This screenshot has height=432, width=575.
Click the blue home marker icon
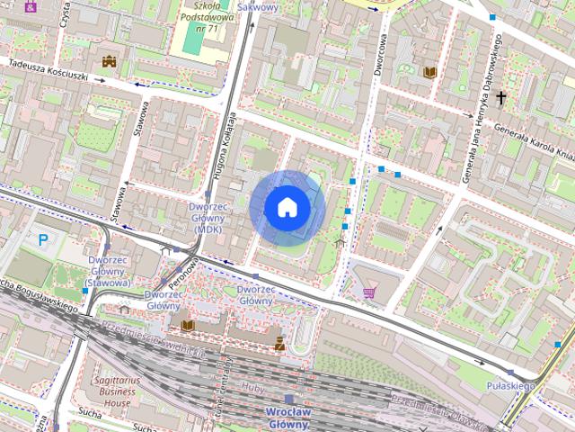tap(287, 208)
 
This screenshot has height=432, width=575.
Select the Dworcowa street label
tap(382, 53)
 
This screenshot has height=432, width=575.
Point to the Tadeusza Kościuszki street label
tap(49, 70)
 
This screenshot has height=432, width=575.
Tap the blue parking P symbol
tap(43, 240)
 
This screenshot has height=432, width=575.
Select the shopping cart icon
tap(369, 292)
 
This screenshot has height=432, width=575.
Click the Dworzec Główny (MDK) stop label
tap(208, 218)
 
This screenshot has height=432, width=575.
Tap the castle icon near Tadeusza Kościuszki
tap(110, 61)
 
